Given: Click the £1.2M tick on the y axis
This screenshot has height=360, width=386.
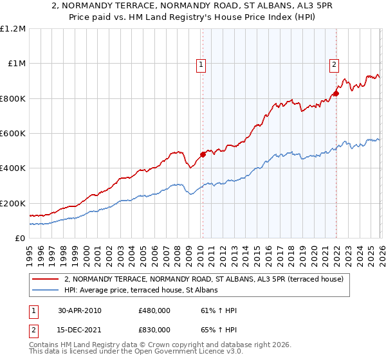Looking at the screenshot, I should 14,28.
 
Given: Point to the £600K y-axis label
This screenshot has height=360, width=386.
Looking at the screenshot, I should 14,133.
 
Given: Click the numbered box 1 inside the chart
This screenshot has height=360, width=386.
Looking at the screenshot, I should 201,64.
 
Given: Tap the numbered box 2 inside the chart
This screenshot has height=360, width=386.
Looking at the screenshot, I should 335,64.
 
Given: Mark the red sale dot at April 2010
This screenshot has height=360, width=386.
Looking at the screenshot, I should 203,154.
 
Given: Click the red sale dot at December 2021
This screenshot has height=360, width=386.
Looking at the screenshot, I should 336,94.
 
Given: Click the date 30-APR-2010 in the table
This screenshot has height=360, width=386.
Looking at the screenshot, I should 79,310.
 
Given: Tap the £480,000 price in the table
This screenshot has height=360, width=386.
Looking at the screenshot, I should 154,310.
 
